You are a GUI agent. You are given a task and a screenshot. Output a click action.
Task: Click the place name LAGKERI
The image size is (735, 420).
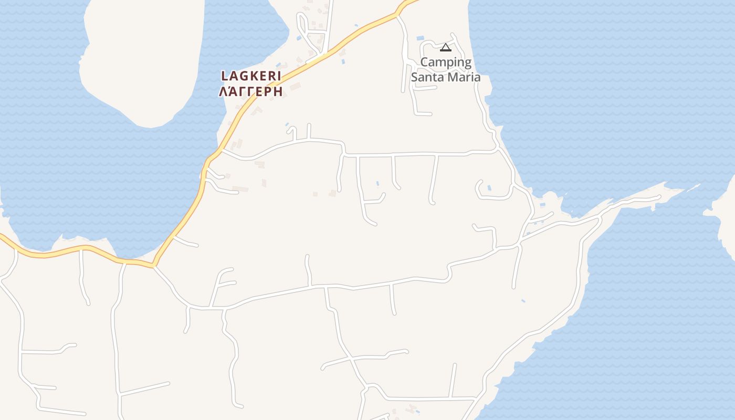click(x=251, y=76)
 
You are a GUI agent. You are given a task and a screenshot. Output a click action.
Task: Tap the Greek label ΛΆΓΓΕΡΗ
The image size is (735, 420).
click(x=251, y=91)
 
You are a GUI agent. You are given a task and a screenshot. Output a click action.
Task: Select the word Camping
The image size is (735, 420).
click(x=446, y=62)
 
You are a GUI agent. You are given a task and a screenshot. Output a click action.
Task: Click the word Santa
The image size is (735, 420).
click(x=426, y=77)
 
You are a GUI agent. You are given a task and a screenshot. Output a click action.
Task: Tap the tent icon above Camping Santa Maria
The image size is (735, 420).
click(x=446, y=48)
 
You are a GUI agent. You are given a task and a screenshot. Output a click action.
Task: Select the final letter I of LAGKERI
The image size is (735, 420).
click(x=279, y=76)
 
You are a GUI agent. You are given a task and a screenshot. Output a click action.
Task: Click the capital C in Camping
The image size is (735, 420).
click(x=425, y=62)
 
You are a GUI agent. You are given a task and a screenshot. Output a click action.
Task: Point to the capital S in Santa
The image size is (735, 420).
click(x=414, y=77)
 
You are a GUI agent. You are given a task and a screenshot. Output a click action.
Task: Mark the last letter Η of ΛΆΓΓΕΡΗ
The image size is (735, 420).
click(x=278, y=91)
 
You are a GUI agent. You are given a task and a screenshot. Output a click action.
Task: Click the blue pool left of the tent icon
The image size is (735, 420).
click(x=420, y=38)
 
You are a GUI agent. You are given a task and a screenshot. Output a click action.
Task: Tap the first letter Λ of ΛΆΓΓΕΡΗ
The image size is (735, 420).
click(x=223, y=91)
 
